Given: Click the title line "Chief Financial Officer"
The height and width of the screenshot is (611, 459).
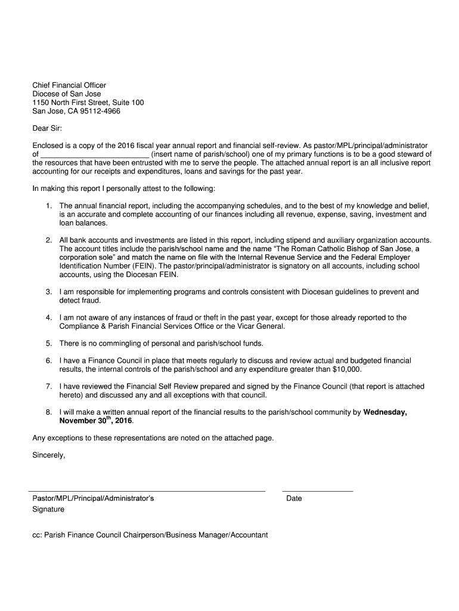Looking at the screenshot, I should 69,85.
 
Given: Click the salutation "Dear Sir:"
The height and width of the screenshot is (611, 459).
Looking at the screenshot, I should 46,128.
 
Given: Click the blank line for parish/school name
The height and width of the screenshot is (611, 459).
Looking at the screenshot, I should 94,154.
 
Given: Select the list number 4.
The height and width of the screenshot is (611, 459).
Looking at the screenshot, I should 48,318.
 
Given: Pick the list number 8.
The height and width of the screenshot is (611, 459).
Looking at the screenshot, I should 48,412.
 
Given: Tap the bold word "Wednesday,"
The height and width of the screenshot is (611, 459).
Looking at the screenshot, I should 385,412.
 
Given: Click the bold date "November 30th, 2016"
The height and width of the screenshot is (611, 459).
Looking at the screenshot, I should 95,421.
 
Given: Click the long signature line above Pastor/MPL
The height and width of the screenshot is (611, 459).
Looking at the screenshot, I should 148,491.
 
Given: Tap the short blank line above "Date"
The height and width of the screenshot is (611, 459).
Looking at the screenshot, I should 317,491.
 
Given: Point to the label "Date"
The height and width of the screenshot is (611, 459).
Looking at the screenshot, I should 294,499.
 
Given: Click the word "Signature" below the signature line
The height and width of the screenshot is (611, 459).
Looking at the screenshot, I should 48,510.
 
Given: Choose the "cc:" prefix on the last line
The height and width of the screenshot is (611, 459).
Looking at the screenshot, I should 37,535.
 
